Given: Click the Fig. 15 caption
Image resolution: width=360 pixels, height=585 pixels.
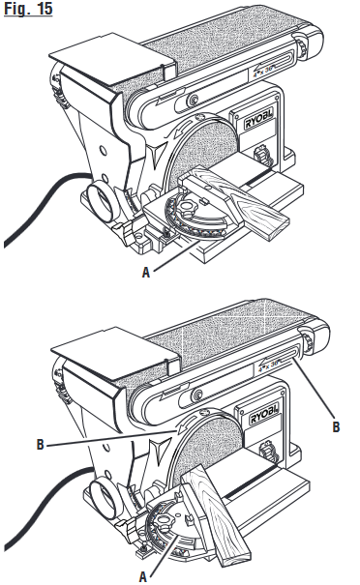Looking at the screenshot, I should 26,12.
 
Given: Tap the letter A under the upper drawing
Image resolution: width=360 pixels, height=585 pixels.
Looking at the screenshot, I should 146,273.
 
